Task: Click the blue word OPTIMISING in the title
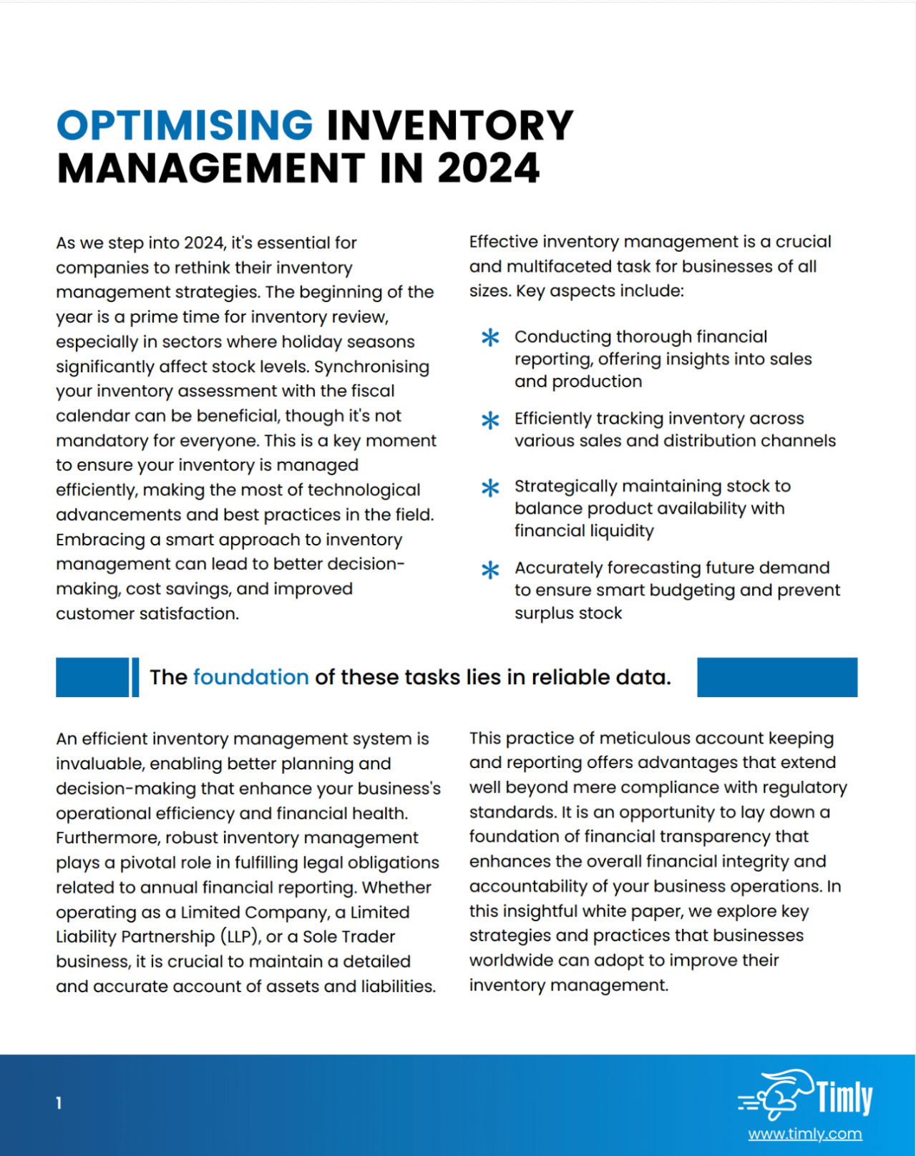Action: click(185, 125)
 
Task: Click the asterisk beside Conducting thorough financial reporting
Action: click(490, 337)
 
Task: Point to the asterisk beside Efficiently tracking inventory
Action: click(490, 419)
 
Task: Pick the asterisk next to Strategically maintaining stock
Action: click(490, 487)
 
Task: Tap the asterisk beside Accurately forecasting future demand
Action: click(490, 570)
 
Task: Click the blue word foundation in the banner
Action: click(250, 677)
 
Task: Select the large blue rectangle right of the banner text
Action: click(776, 677)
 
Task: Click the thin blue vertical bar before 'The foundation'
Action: click(135, 677)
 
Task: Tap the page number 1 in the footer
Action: click(59, 1103)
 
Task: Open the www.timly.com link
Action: click(805, 1134)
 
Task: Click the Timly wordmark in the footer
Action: click(844, 1097)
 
